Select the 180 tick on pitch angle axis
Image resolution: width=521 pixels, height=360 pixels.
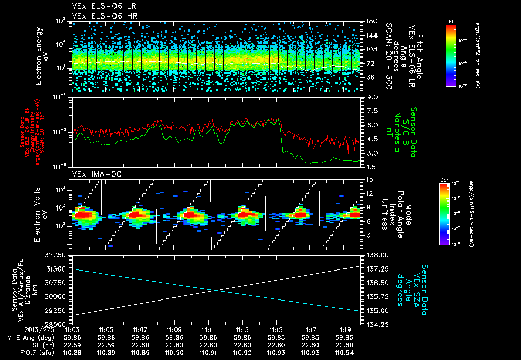[x=370, y=21]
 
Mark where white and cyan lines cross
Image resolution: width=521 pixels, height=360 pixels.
[x=216, y=290]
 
